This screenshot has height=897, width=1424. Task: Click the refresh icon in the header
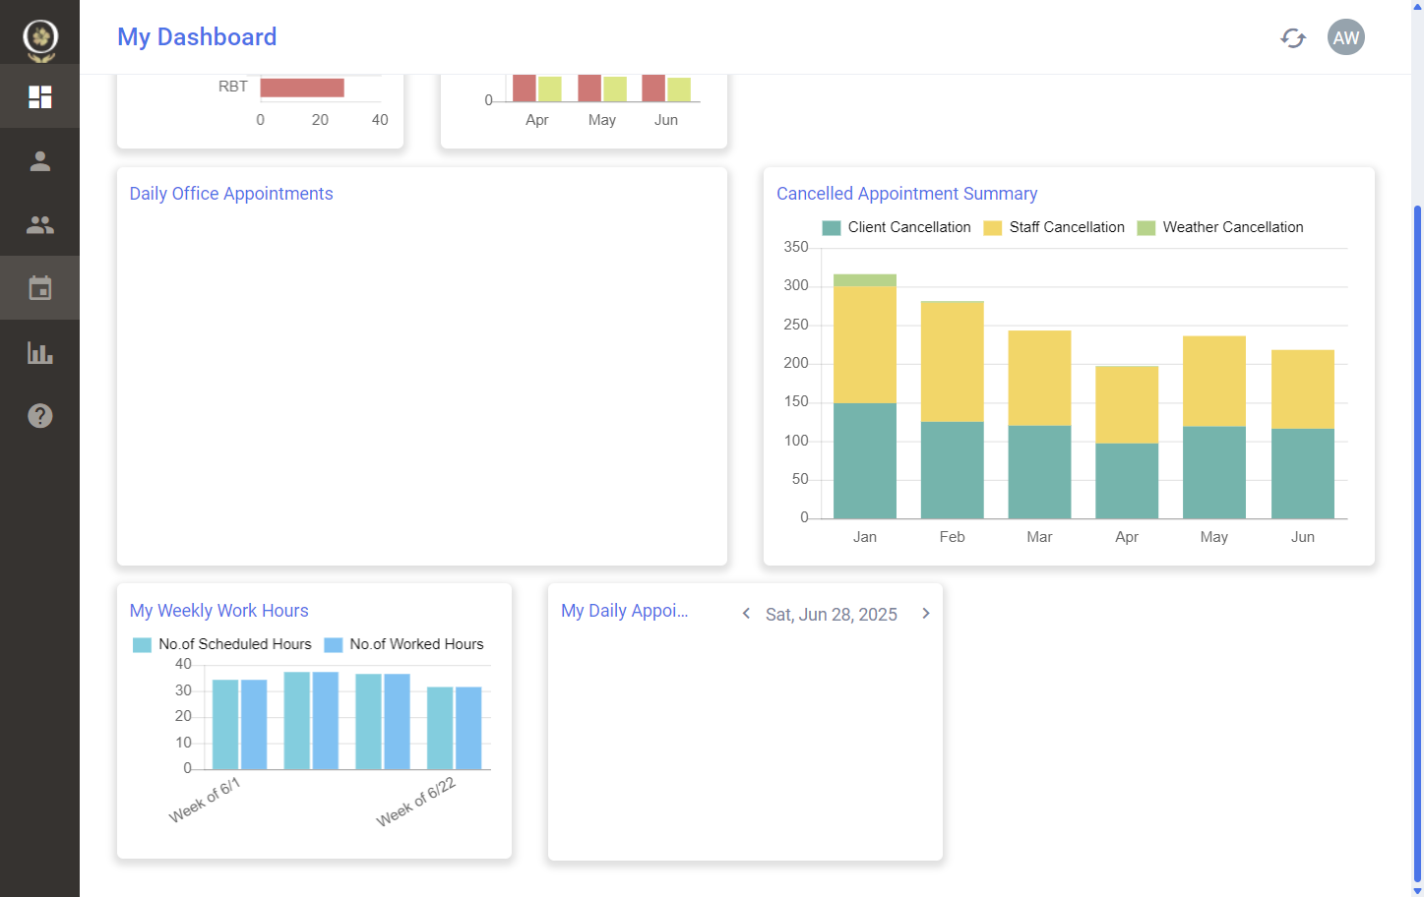[x=1293, y=37]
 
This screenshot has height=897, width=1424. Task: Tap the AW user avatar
[x=1346, y=37]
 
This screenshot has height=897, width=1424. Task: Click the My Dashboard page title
[x=197, y=36]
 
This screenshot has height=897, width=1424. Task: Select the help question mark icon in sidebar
[x=40, y=416]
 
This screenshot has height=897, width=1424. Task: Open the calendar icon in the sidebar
[x=40, y=288]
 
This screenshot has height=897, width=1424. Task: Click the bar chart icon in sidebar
[x=40, y=352]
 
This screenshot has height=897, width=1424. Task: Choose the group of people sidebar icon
[x=40, y=225]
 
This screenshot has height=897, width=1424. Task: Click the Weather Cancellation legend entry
[x=1220, y=227]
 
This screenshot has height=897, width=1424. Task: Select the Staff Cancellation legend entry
[x=1053, y=227]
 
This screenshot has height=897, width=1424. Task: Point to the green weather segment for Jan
[x=865, y=280]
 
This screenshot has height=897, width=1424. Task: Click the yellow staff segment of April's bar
[x=1127, y=404]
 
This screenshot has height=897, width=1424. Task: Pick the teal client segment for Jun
[x=1303, y=474]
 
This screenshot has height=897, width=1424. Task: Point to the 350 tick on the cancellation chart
[x=796, y=247]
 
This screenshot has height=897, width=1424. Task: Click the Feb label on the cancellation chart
[x=952, y=537]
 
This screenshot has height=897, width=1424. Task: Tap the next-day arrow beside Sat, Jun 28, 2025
[x=926, y=614]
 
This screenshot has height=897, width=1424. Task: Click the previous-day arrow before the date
[x=746, y=614]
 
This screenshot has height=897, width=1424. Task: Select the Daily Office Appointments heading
[x=231, y=194]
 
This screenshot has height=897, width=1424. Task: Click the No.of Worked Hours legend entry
[x=403, y=644]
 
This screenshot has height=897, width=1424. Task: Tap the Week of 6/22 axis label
[x=415, y=802]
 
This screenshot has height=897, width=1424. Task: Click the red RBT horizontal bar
[x=302, y=88]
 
